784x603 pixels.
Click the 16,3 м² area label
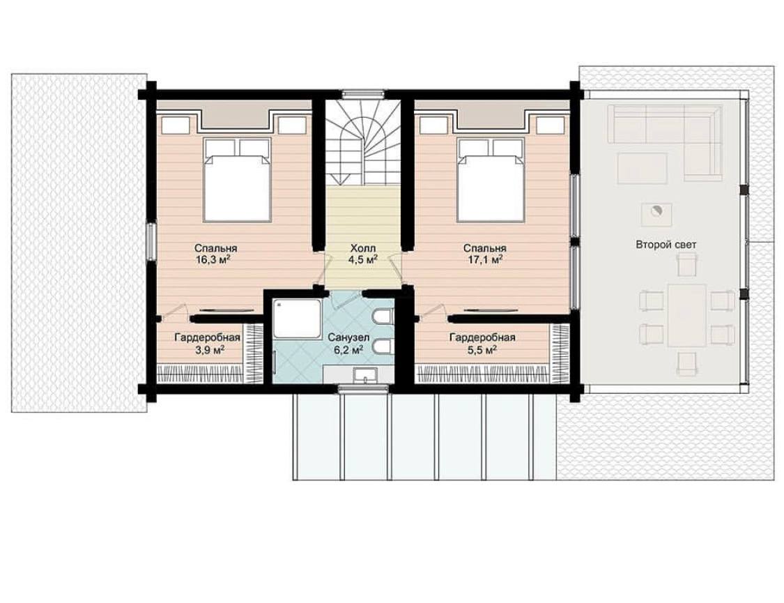tap(215, 259)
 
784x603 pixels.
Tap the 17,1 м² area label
tap(484, 259)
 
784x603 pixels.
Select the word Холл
tap(362, 248)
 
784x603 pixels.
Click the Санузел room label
tap(348, 338)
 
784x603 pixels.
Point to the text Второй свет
tap(666, 245)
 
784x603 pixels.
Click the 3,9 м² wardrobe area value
tap(210, 350)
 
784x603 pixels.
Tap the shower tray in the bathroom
tap(297, 319)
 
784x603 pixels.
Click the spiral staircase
tap(363, 143)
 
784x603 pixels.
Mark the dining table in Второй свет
tap(687, 315)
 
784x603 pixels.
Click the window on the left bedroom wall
tap(151, 241)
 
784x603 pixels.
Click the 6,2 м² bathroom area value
tap(348, 350)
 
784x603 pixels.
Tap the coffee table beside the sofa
tap(642, 169)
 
